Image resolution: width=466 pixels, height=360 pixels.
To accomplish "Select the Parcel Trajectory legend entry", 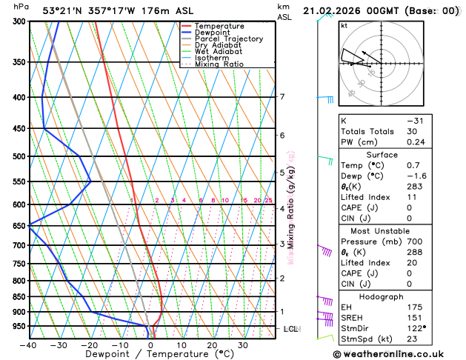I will [229, 39].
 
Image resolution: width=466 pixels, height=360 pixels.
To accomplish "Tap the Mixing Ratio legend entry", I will [219, 64].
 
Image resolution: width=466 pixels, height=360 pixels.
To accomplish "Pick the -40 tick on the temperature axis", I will [29, 344].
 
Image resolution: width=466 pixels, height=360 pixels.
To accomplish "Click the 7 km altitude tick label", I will [282, 97].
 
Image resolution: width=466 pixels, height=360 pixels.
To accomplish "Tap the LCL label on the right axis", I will [290, 328].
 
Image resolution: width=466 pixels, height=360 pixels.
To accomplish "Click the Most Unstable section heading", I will [397, 231].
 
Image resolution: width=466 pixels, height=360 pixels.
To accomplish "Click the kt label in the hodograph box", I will [344, 25].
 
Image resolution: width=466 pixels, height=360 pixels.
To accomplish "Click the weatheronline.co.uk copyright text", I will [401, 353].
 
